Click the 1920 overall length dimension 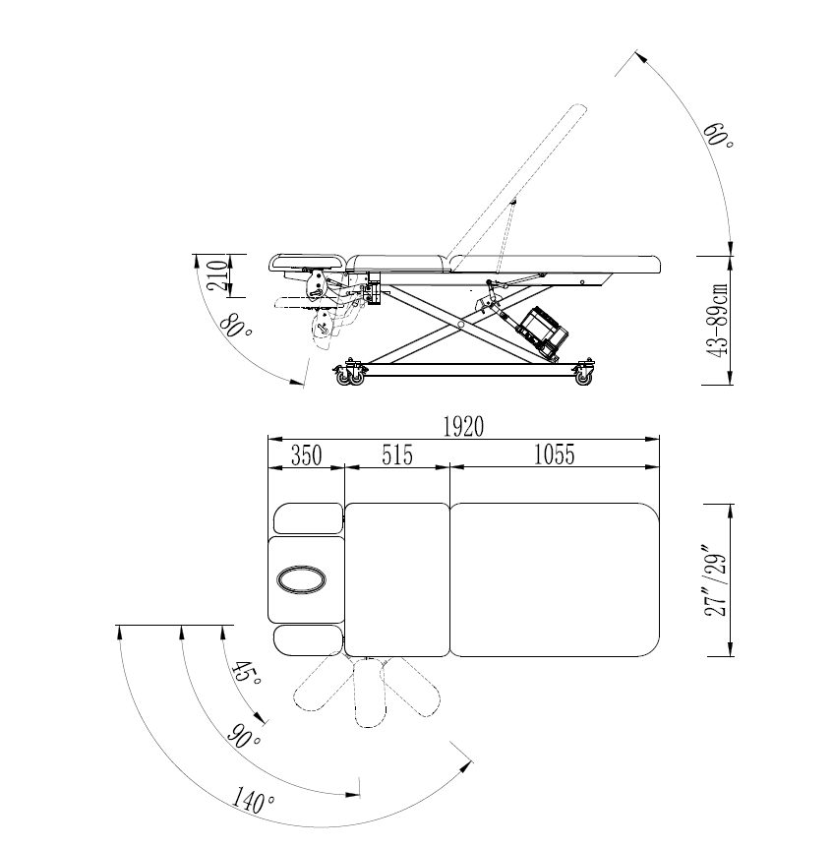point(463,427)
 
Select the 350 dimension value point(307,454)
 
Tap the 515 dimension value point(397,454)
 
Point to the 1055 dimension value point(554,454)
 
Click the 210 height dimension point(217,275)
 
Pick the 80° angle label point(235,325)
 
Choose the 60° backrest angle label point(718,136)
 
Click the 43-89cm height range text point(718,320)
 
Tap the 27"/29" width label point(715,585)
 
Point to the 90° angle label point(244,736)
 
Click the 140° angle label point(253,802)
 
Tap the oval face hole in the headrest point(301,579)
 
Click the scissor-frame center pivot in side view point(460,325)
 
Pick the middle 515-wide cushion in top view point(397,579)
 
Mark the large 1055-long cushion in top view point(555,579)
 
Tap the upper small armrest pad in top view point(309,518)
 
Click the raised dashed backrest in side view point(516,181)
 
